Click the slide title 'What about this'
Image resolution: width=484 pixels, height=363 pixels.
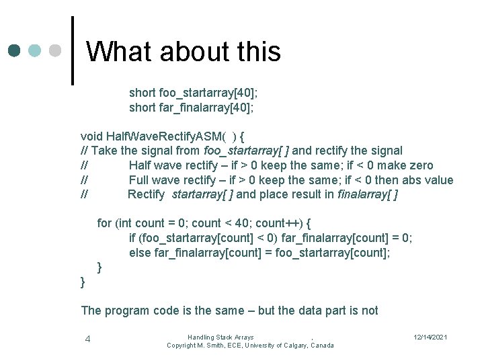[184, 52]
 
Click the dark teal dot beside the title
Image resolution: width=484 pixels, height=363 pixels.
[15, 51]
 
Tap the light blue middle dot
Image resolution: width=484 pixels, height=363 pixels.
[34, 51]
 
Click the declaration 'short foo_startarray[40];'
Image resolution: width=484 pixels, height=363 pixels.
[192, 93]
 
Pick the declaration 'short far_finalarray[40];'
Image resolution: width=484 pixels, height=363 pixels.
[192, 108]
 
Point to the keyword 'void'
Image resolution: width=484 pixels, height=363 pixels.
[91, 136]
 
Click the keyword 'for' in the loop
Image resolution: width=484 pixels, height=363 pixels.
[105, 223]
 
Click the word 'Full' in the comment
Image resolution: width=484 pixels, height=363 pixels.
[138, 180]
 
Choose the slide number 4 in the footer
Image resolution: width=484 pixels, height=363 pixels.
[87, 339]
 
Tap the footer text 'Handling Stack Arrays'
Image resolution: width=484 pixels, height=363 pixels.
[220, 337]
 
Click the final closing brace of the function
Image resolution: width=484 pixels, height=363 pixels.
[83, 282]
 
